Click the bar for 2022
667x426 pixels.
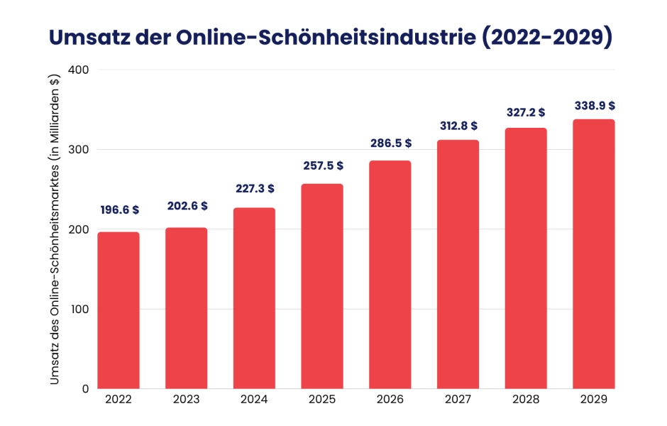click(118, 310)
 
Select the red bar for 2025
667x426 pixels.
click(322, 286)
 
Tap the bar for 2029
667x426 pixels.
click(594, 254)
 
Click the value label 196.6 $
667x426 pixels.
click(118, 210)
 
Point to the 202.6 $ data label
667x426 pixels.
click(187, 206)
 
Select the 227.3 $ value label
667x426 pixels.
click(255, 189)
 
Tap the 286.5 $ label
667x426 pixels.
click(390, 143)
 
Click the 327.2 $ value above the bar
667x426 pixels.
click(526, 112)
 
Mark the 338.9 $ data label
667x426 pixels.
click(594, 105)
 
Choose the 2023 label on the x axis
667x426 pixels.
click(187, 400)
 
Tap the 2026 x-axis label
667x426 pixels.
click(390, 400)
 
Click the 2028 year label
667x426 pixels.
click(526, 400)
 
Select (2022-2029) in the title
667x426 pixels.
click(547, 38)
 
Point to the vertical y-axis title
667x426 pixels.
click(55, 229)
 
